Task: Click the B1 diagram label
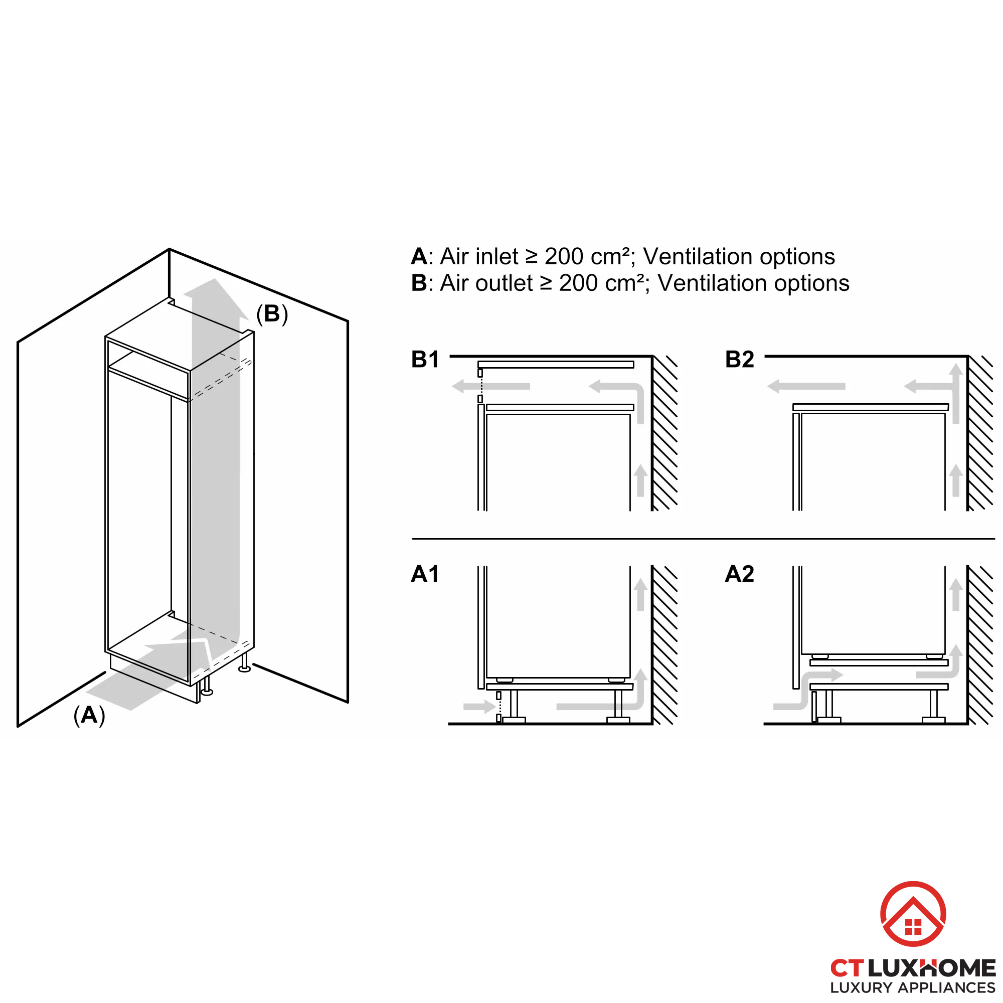pos(425,359)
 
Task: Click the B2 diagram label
pos(739,359)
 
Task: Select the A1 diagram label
pos(425,574)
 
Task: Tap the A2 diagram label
pos(739,574)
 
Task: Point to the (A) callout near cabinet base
pos(89,716)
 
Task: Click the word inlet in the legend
pos(497,256)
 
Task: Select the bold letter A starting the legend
pos(418,256)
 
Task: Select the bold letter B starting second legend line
pos(418,283)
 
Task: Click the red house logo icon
pos(913,913)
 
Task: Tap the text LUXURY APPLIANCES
pos(912,987)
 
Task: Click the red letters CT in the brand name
pos(847,968)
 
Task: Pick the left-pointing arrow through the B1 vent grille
pos(490,386)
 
